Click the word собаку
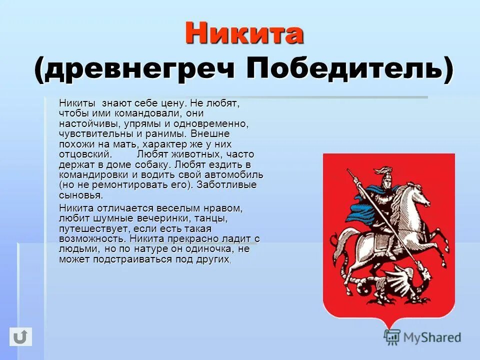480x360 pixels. [x=151, y=164]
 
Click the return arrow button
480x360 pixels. [x=20, y=336]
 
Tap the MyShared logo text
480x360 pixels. [x=432, y=337]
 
